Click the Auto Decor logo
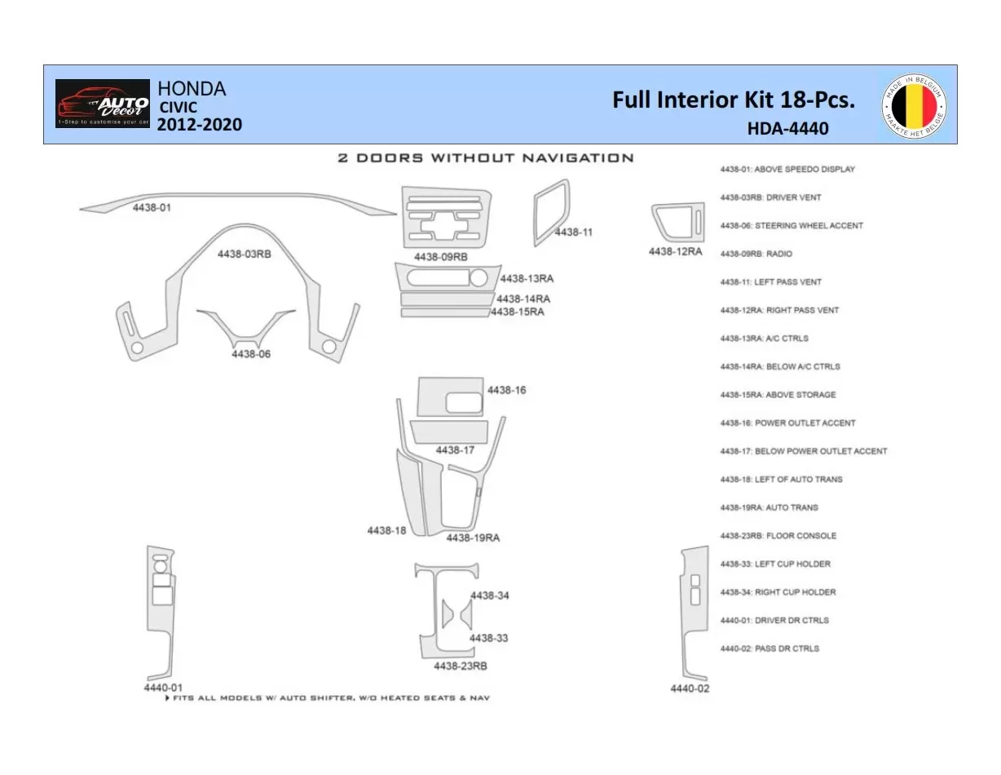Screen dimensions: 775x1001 coord(103,104)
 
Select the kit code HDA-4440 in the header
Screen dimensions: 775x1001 coord(787,129)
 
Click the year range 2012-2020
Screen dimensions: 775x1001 coord(199,125)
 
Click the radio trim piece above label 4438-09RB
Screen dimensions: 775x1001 coord(446,217)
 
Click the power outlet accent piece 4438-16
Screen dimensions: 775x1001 coord(450,396)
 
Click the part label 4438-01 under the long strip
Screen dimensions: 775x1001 coord(152,209)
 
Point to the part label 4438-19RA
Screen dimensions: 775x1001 coord(473,538)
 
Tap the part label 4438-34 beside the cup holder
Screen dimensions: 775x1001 coord(490,596)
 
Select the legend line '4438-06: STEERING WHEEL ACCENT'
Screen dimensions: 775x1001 coord(791,226)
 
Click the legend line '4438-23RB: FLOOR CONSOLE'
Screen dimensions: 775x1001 coord(778,536)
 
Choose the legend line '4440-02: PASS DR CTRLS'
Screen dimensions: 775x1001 coord(769,649)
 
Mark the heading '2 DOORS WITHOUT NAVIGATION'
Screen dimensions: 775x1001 coord(486,157)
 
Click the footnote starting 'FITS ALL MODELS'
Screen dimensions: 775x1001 coord(328,698)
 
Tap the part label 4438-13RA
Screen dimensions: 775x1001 coord(527,279)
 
